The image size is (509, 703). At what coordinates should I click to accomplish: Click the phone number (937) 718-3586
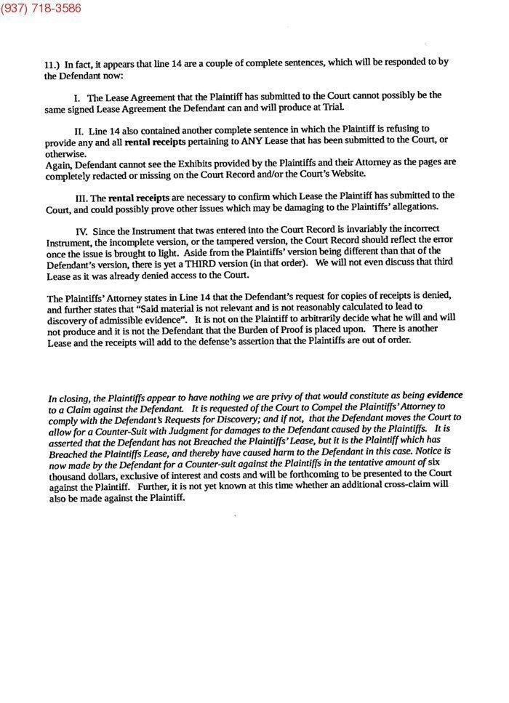tap(41, 9)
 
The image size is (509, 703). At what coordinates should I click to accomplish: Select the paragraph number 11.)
tap(52, 64)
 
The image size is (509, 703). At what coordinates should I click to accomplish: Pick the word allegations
tap(420, 208)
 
